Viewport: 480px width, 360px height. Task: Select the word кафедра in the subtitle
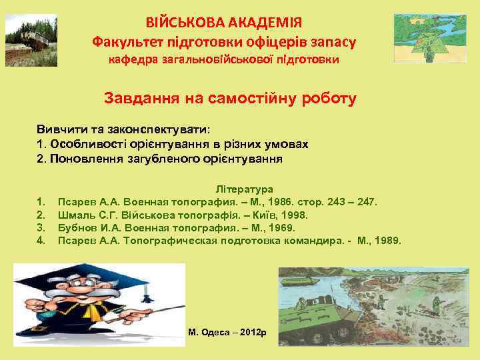131,60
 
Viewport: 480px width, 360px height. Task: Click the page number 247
366,201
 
